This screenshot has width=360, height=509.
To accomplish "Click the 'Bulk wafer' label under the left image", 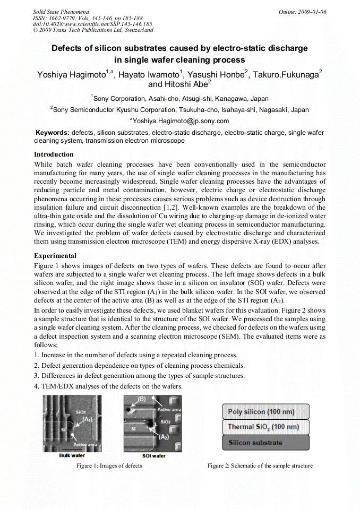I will click(x=72, y=455).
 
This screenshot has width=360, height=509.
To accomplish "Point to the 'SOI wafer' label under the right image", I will click(x=153, y=455).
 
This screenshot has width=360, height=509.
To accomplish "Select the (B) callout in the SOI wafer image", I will click(x=141, y=399).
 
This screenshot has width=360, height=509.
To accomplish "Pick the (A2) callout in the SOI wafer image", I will click(x=164, y=436).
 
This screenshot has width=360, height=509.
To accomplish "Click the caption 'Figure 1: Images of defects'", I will click(x=109, y=466).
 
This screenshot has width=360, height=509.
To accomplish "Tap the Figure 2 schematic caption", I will click(x=260, y=466).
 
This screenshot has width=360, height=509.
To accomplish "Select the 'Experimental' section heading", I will click(x=55, y=256).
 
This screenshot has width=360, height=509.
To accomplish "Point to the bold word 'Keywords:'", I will click(x=52, y=133).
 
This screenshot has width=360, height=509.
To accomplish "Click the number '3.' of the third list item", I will click(x=36, y=376).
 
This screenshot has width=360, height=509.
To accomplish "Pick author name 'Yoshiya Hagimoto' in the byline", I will click(x=71, y=74).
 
